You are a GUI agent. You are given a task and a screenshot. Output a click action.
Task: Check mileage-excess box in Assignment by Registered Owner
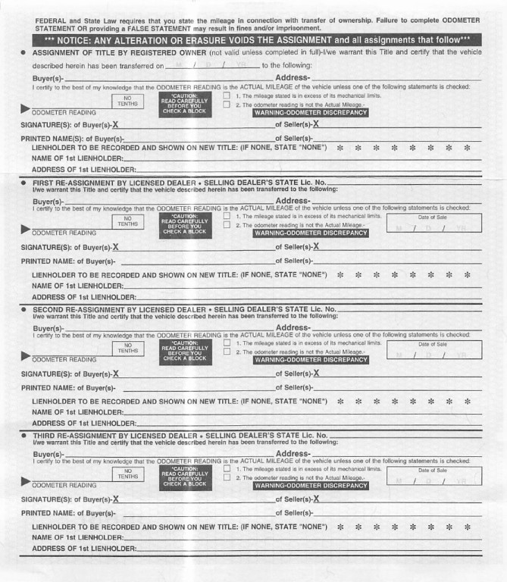[227, 96]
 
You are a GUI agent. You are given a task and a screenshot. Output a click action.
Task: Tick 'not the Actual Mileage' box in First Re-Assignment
[227, 225]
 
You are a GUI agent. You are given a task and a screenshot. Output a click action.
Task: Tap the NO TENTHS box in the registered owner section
[127, 103]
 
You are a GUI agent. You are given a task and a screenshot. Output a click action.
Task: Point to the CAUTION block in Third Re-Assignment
[184, 476]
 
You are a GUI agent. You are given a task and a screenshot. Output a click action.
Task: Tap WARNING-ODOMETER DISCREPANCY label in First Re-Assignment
[311, 233]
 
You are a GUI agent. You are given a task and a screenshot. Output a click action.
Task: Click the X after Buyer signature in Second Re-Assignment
[116, 373]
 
